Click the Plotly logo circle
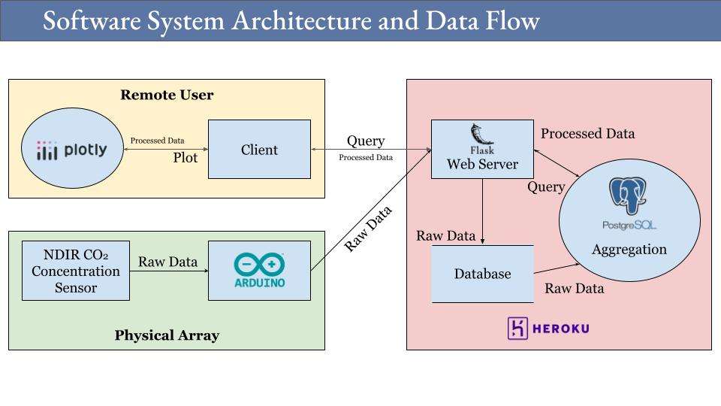tap(72, 150)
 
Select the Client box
tap(259, 150)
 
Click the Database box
tap(482, 274)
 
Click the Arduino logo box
tap(259, 271)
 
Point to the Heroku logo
tap(549, 329)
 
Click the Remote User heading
tap(167, 95)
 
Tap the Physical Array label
tap(167, 335)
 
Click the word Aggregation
tap(629, 250)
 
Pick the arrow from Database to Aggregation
tap(556, 267)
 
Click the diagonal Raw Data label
tap(368, 229)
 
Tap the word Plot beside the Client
tap(186, 158)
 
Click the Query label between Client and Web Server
tap(365, 141)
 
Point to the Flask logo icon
tap(481, 135)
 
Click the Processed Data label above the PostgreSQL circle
tap(587, 134)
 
